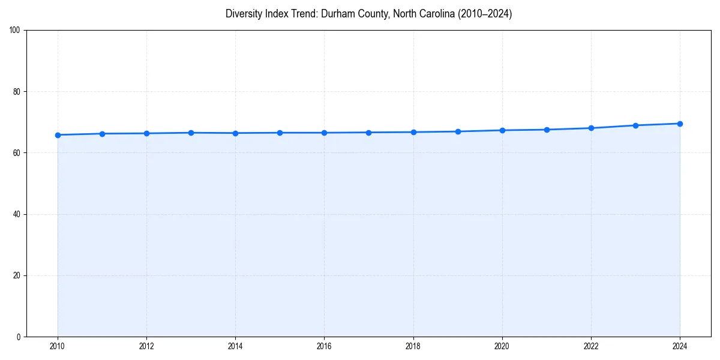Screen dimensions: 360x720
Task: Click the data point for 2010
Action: coord(58,135)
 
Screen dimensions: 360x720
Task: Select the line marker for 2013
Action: coord(191,133)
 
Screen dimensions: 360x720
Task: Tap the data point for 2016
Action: coord(324,133)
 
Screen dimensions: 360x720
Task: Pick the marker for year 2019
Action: coord(458,131)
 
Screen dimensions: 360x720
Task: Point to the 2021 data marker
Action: coord(547,130)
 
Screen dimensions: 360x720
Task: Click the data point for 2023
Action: coord(635,125)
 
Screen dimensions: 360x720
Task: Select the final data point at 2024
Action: coord(680,124)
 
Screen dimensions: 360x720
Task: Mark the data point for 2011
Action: coord(102,134)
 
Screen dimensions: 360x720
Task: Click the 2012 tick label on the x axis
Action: coord(146,346)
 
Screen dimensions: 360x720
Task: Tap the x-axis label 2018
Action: coord(413,346)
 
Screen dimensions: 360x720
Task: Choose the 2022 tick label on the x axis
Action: coord(591,346)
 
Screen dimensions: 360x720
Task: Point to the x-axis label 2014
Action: coord(235,346)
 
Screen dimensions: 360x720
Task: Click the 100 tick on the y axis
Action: coord(15,31)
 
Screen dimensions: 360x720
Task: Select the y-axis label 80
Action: coord(17,92)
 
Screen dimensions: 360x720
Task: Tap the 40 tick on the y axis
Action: coord(17,214)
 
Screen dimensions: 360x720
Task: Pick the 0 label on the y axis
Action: coord(19,337)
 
